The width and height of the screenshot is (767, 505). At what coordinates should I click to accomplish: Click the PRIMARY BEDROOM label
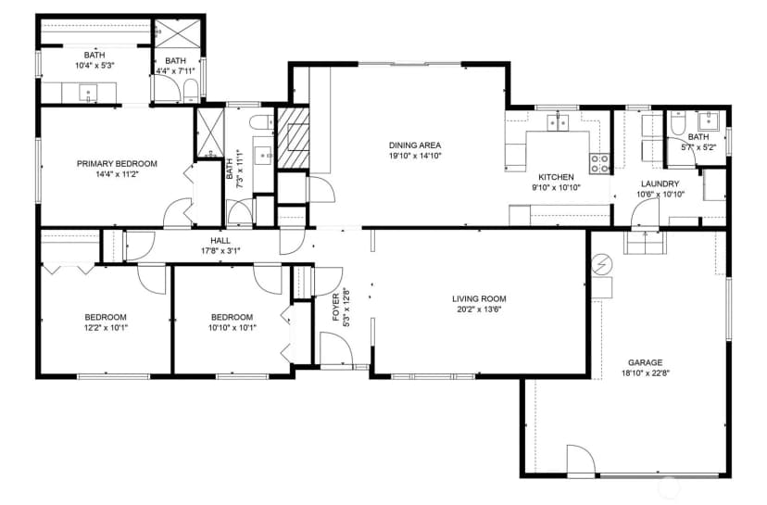coord(117,163)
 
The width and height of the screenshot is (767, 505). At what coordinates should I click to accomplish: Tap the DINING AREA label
coord(415,145)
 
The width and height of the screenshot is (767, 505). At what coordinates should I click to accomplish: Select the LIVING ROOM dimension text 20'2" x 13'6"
coord(479,309)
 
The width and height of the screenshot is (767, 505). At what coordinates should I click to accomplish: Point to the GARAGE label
coord(646,362)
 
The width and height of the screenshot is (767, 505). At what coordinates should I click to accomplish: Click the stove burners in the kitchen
coord(599,163)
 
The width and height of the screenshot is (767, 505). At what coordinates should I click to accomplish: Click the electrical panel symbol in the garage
coord(602,265)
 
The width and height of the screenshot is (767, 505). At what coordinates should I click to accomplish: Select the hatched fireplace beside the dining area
coord(293,138)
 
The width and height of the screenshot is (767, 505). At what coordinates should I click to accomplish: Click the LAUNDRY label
coord(660,184)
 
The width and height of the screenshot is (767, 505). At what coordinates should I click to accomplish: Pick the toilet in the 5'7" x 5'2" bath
coord(677,123)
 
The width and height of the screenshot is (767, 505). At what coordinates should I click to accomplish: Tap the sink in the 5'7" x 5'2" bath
coord(709,120)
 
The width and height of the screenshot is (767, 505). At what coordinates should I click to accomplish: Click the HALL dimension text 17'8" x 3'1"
coord(220,251)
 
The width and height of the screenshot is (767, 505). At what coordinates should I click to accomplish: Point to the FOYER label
coord(336,308)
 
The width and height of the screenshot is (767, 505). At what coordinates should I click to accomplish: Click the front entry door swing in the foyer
coord(336,348)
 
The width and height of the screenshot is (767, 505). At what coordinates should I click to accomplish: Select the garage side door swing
coord(581,461)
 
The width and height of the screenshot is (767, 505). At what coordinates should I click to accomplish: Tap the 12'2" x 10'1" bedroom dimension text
coord(106,328)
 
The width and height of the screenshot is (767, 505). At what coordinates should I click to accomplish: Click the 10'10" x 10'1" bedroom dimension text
coord(233,328)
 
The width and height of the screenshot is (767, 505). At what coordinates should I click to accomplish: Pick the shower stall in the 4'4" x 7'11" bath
coord(178,33)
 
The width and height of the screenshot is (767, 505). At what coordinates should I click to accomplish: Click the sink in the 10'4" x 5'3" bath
coord(89,93)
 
